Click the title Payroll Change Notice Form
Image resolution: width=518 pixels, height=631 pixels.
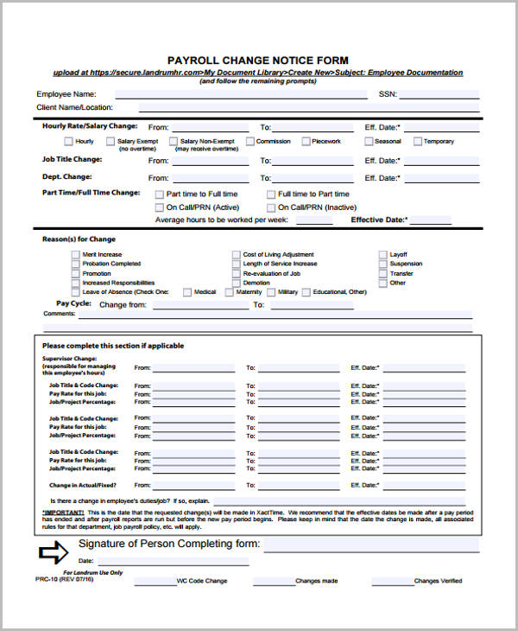click(x=258, y=61)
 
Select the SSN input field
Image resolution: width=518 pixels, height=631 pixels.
click(x=437, y=93)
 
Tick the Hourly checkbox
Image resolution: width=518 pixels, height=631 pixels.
click(x=68, y=142)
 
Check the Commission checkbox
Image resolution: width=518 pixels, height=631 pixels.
click(x=250, y=142)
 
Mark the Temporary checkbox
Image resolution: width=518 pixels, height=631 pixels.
click(x=417, y=142)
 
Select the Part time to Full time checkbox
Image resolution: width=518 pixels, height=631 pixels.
click(x=159, y=194)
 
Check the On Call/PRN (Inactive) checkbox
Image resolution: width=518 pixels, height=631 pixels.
click(x=270, y=207)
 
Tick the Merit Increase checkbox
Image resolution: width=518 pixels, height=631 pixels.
click(x=75, y=255)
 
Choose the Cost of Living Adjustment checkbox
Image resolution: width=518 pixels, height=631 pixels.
click(x=236, y=255)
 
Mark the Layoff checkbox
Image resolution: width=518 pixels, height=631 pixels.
click(x=382, y=255)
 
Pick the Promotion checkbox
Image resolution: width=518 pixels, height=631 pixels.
click(x=75, y=274)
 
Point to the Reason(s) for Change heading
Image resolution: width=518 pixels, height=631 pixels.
click(x=79, y=239)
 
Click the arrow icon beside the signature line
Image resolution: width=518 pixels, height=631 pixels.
click(x=54, y=551)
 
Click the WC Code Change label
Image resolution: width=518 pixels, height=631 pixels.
click(x=201, y=581)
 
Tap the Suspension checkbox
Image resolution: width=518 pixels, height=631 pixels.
click(x=382, y=265)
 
